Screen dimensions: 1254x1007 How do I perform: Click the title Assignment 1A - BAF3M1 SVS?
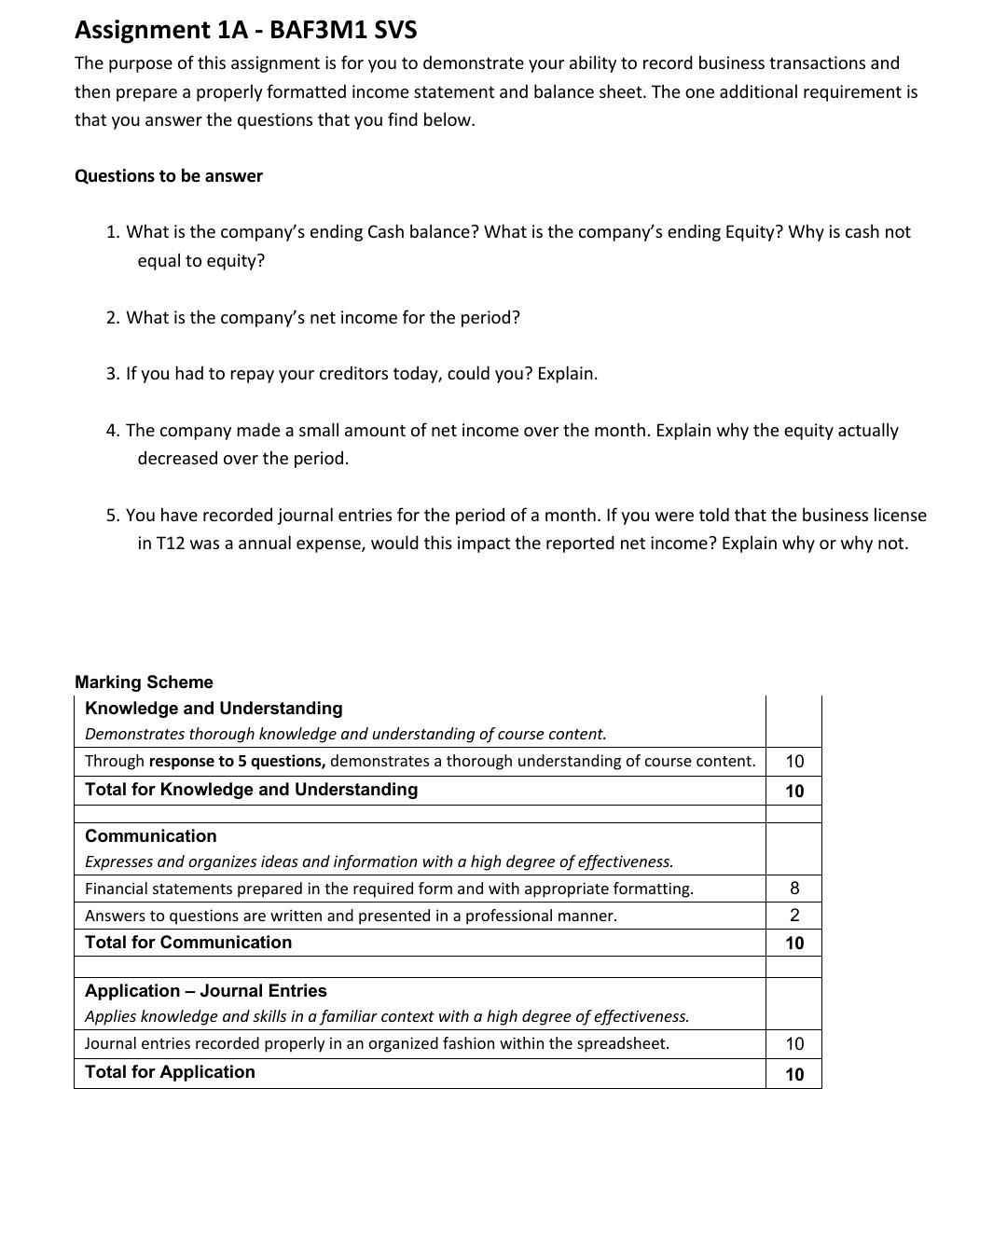[245, 30]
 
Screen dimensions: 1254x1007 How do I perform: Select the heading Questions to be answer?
[168, 176]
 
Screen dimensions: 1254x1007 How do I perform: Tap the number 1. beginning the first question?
[113, 232]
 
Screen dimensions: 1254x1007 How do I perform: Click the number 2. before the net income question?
[113, 318]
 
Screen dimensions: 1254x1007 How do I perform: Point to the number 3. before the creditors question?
[113, 374]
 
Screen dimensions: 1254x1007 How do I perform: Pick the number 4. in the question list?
[113, 431]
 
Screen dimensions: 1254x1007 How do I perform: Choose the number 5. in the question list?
[113, 516]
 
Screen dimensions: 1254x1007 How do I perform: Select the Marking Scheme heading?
[144, 682]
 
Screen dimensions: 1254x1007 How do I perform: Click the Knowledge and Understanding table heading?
[214, 709]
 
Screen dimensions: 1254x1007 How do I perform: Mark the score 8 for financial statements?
[793, 889]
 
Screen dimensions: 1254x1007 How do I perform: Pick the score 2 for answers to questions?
[793, 916]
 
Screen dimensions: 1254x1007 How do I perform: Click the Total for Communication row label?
[187, 943]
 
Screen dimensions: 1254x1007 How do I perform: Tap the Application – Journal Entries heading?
[205, 991]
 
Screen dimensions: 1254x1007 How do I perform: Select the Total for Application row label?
[170, 1072]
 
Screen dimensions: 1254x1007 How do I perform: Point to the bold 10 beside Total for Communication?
[793, 944]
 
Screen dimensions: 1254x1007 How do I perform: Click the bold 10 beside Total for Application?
[793, 1074]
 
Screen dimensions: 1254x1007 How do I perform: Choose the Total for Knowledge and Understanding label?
[251, 790]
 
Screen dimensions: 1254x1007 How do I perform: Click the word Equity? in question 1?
[753, 232]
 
